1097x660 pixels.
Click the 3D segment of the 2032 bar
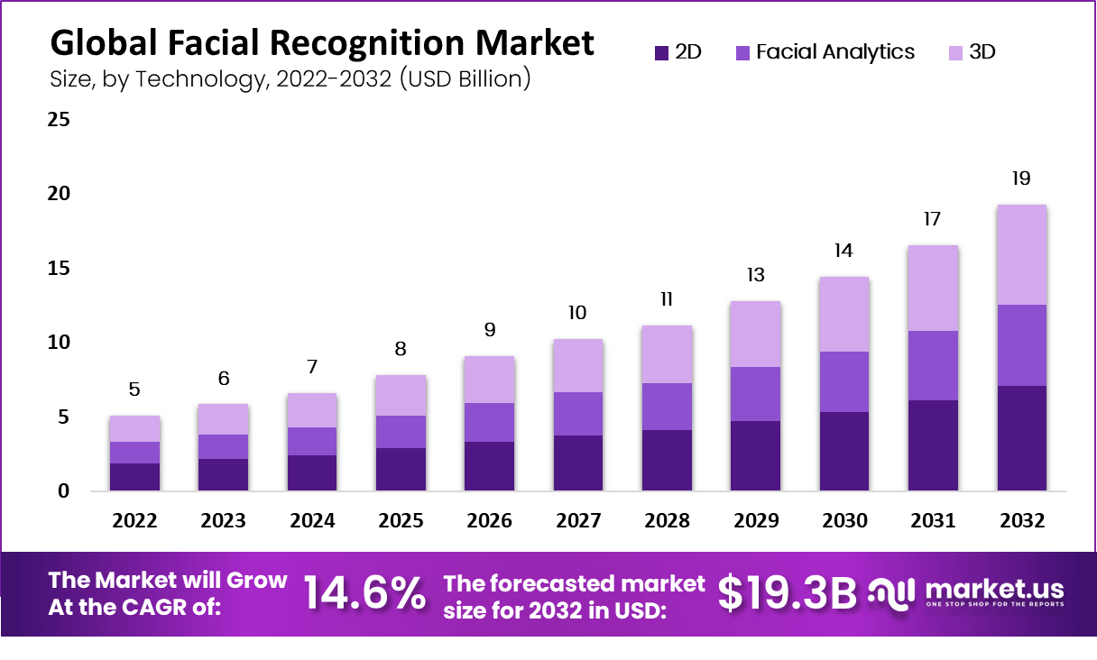1021,255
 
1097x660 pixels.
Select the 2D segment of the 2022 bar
134,477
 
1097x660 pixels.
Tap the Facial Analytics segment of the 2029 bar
755,394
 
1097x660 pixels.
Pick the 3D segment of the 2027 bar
577,365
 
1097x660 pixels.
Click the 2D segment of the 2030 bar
843,451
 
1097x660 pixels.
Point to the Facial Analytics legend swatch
743,53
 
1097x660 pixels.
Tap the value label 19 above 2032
1021,179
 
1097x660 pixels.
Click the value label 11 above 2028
667,299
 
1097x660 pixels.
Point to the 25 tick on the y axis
59,120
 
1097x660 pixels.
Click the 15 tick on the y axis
59,269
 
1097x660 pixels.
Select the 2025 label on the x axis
401,521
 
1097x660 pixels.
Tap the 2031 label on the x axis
933,521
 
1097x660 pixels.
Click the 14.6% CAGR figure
364,593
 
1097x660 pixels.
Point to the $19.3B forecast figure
787,593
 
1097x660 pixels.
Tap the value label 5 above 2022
134,390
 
